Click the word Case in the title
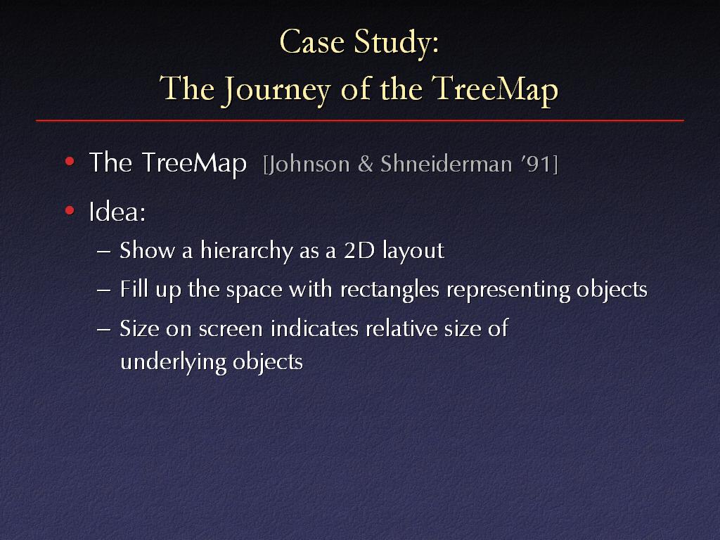[x=311, y=42]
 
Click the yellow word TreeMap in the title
[x=495, y=89]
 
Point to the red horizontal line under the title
[x=360, y=121]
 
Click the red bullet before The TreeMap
[x=70, y=161]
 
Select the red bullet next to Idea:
[x=70, y=211]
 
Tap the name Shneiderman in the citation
[x=446, y=164]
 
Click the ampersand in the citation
[x=365, y=165]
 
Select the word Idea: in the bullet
[x=117, y=212]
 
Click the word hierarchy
[x=247, y=251]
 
